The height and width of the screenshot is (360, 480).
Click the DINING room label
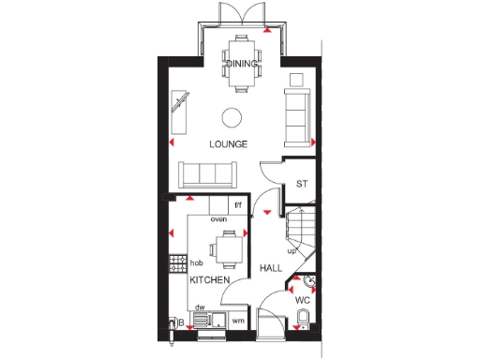click(241, 64)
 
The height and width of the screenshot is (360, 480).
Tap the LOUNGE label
click(228, 144)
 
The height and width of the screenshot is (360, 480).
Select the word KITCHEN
click(210, 280)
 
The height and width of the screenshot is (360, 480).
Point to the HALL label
click(271, 268)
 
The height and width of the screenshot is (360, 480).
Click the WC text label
click(303, 301)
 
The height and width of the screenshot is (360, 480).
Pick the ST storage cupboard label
click(302, 184)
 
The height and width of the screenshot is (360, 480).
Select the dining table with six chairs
click(241, 62)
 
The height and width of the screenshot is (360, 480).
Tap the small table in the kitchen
click(229, 249)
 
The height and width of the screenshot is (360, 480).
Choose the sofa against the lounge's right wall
click(297, 114)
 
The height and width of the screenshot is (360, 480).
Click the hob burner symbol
click(174, 264)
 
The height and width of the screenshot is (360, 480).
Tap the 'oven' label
click(218, 219)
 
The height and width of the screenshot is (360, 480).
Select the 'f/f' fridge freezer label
click(238, 205)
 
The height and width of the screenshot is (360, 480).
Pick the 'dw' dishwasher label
click(200, 306)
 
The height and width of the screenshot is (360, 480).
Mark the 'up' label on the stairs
click(292, 251)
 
